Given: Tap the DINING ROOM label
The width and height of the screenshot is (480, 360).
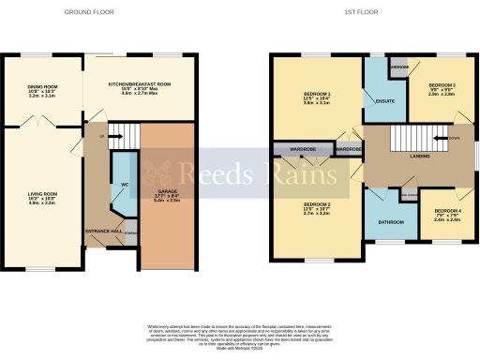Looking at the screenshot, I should (x=43, y=89).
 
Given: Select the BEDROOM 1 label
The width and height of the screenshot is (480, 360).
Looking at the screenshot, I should (x=317, y=97).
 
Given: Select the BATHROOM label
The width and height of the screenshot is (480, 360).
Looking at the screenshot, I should (x=390, y=222).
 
